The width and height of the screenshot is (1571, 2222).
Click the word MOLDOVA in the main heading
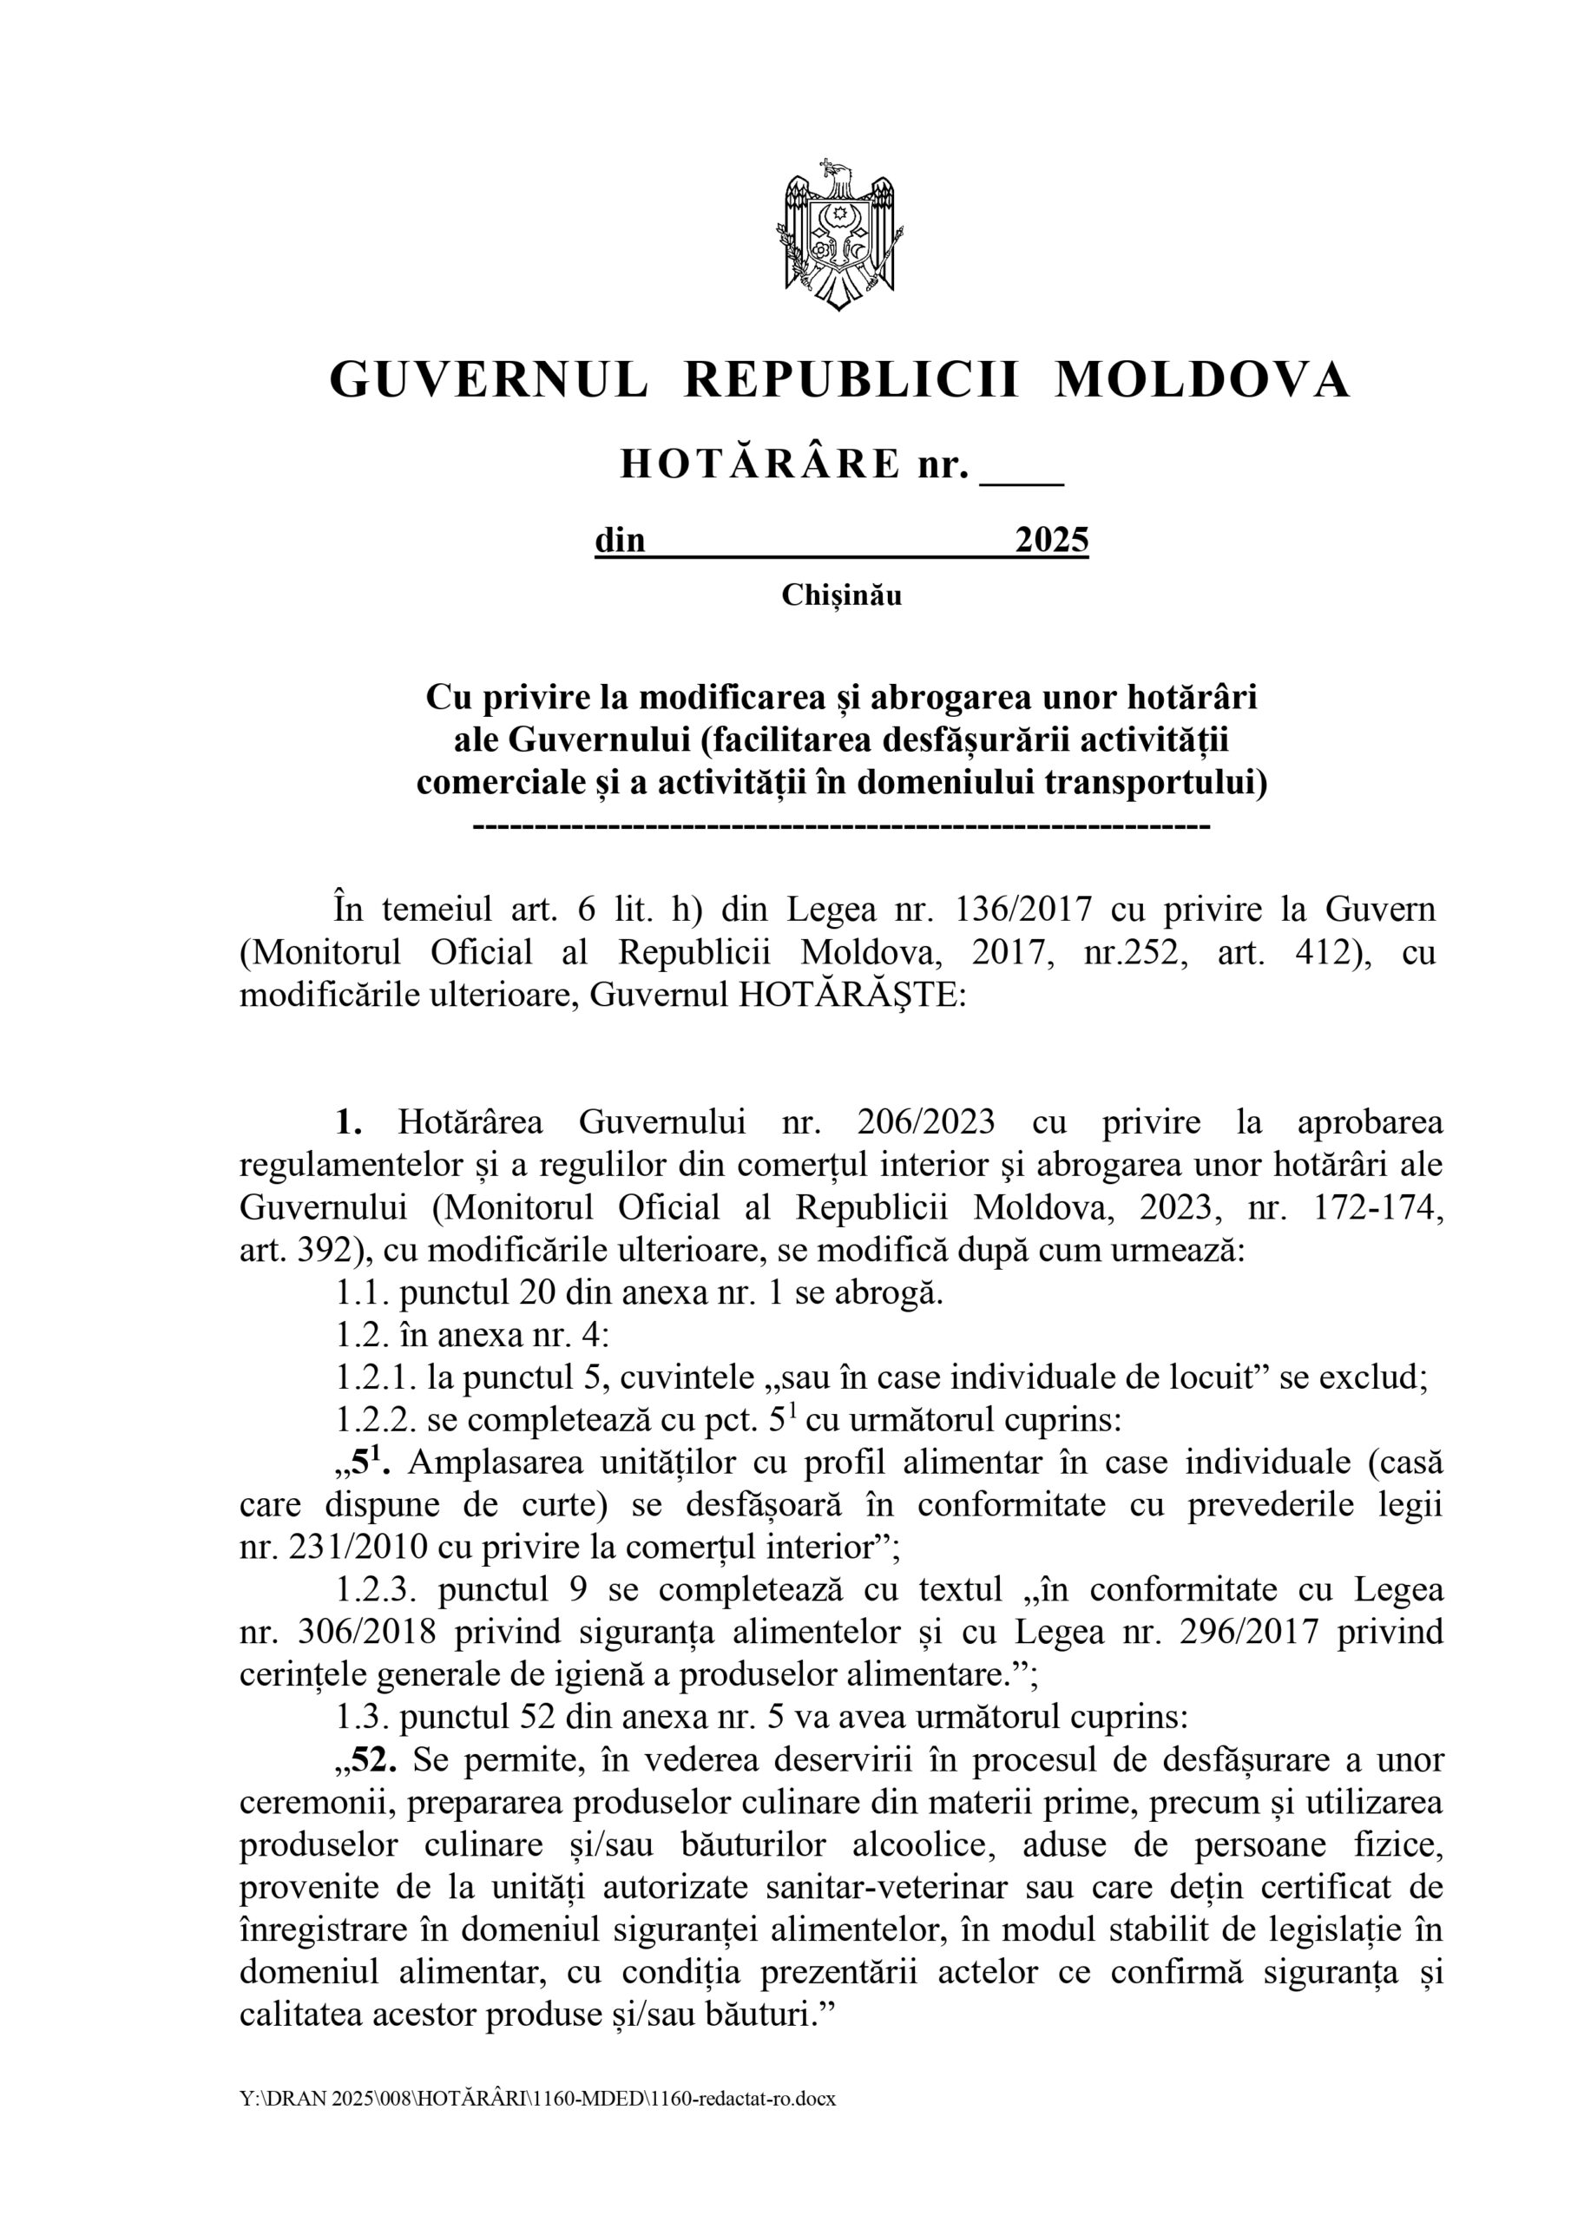point(1201,379)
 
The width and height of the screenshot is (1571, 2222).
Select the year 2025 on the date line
point(1051,539)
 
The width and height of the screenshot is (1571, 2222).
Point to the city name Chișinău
point(841,595)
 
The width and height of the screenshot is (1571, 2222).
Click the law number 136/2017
point(1023,910)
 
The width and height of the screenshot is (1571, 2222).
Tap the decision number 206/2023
point(925,1122)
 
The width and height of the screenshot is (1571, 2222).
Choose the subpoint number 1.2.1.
point(375,1378)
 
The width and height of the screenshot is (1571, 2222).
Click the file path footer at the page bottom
point(537,2099)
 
